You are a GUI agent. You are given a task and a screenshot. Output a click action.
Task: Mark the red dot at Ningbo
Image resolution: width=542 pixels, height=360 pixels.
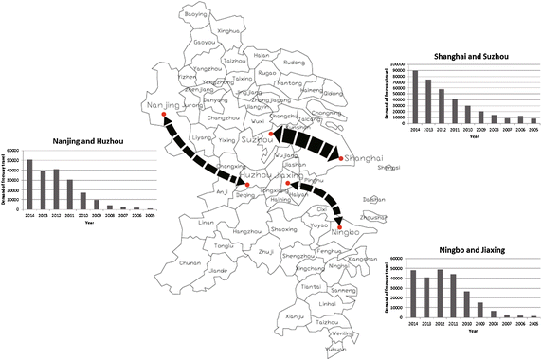341,225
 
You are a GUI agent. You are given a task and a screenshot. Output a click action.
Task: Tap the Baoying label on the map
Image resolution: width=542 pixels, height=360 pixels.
195,15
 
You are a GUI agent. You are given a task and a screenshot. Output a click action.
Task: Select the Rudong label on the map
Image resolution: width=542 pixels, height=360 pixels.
294,63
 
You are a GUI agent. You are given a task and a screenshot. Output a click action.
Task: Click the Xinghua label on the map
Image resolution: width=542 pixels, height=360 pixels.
229,31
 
